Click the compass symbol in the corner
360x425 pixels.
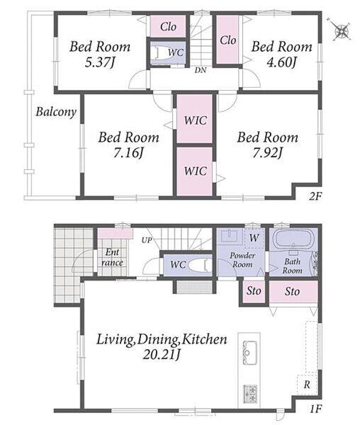pos(342,30)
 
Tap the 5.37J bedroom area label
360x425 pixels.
pos(99,63)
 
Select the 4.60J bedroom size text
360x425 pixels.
pos(281,63)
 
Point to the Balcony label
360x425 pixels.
pos(56,112)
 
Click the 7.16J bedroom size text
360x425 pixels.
pos(128,154)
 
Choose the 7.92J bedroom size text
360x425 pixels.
pos(268,154)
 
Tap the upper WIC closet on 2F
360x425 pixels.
pos(195,119)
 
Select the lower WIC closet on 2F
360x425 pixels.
pos(195,171)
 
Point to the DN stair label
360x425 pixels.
pos(201,70)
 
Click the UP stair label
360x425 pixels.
pos(147,240)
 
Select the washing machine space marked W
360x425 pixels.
pos(254,238)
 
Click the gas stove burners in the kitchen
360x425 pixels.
pos(250,394)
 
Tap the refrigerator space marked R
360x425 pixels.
pos(307,385)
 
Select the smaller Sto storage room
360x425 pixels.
pos(254,291)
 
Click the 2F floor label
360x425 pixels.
pos(315,196)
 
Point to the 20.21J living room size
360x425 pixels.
pos(162,355)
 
